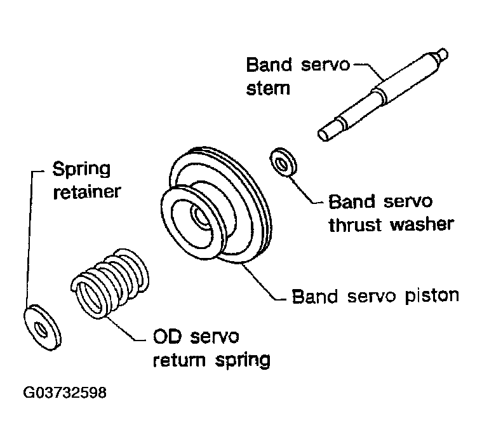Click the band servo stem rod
383,95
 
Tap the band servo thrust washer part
283,162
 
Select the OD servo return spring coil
110,283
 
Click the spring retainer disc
43,328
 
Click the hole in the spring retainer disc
41,330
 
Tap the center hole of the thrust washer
281,163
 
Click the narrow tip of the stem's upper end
443,54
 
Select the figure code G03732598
65,393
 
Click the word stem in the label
268,88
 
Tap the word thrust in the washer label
356,224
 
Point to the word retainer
87,191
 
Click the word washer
422,224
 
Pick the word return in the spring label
179,359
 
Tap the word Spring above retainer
81,169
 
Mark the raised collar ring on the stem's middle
378,94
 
